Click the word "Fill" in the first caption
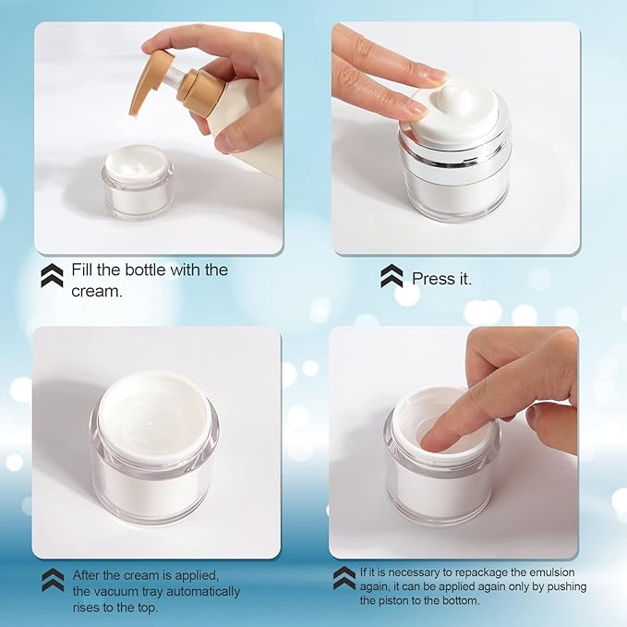[x=86, y=271]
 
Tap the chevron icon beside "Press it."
[x=392, y=276]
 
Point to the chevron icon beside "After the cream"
[x=53, y=579]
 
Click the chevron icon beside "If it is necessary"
[x=344, y=577]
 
